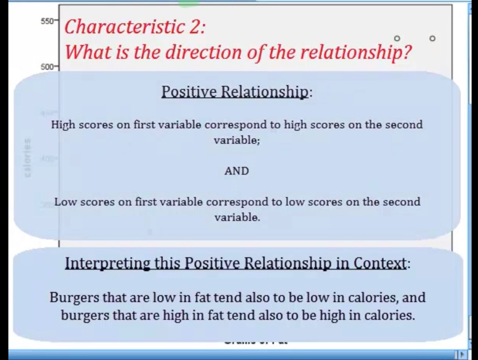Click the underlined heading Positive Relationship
click(x=235, y=92)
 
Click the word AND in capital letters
click(x=237, y=171)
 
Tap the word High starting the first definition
click(x=63, y=125)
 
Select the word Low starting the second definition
click(x=65, y=202)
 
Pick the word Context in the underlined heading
click(x=381, y=263)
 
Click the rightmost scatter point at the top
click(x=432, y=38)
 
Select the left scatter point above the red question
click(x=397, y=38)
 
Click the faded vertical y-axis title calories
click(x=28, y=157)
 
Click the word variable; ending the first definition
click(x=237, y=140)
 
